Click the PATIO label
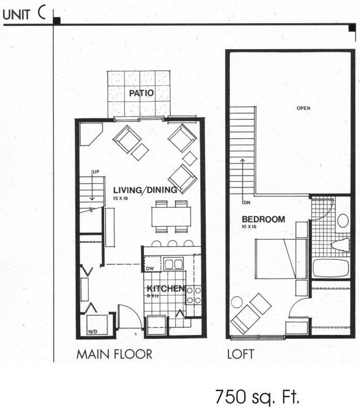coord(141,93)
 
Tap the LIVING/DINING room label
coord(145,190)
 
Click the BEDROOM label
coord(263,219)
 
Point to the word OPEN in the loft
coord(303,108)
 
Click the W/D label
coord(93,331)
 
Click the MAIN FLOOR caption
coord(114,355)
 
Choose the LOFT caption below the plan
coord(240,355)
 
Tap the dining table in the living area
coord(171,216)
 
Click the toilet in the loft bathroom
coord(340,244)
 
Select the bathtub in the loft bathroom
coord(330,268)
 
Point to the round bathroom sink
coord(343,221)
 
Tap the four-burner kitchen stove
coord(193,295)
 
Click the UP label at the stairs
coord(95,171)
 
